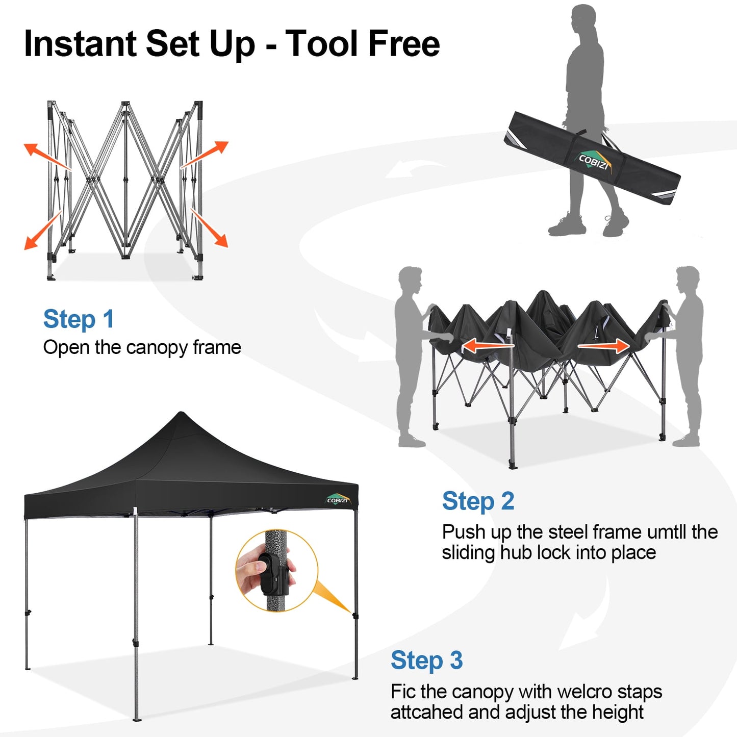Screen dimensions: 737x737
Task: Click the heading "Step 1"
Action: point(79,320)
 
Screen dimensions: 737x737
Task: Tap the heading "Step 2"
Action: point(478,501)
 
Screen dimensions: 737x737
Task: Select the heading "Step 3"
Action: point(426,660)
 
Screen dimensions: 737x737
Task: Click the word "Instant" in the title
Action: point(81,44)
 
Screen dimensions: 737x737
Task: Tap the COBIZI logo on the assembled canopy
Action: point(338,499)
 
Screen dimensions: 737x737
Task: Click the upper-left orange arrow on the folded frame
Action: point(46,156)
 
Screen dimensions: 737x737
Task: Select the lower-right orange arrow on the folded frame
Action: point(210,228)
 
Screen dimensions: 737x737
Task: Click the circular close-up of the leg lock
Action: point(276,570)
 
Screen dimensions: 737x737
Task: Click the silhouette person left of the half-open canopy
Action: point(411,357)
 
